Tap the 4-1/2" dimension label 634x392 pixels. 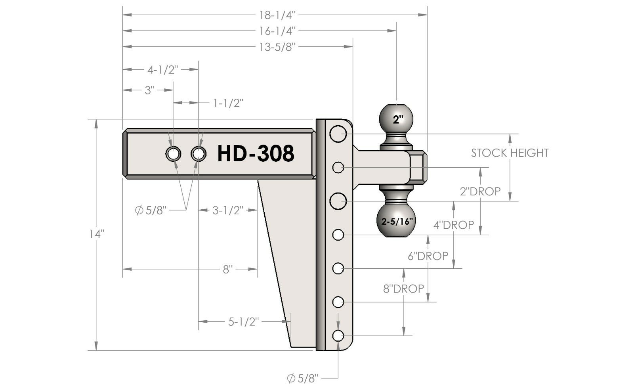click(x=163, y=70)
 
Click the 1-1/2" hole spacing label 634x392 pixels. click(x=228, y=103)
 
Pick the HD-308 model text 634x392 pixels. click(x=256, y=153)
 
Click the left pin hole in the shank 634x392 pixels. click(x=173, y=154)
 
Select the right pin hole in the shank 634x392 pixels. click(x=198, y=154)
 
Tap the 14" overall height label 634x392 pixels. click(x=96, y=234)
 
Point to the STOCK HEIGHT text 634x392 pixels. click(x=510, y=153)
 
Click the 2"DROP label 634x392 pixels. click(x=480, y=191)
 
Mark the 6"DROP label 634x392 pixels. click(x=428, y=256)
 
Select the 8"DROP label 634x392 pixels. click(x=403, y=289)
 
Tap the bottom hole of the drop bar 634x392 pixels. click(x=338, y=336)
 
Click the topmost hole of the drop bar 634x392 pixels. click(x=338, y=134)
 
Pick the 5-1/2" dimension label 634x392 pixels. click(x=243, y=321)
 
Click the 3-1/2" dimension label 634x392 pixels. click(x=228, y=210)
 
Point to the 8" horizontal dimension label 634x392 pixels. click(x=227, y=270)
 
